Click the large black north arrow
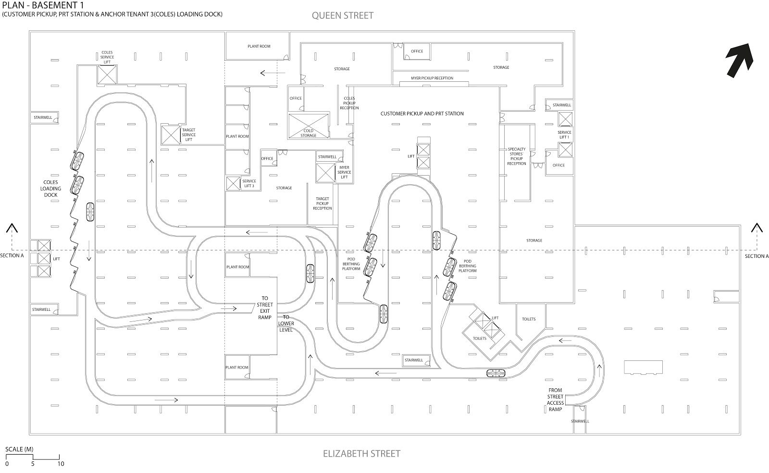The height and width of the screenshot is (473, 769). (739, 60)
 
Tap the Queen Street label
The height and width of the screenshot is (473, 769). (342, 15)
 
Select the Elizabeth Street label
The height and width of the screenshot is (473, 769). (361, 453)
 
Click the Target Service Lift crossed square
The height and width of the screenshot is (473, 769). (170, 135)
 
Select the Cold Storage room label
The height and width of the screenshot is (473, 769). (308, 133)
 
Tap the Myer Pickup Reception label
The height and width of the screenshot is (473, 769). (432, 78)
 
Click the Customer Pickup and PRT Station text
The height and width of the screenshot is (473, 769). (422, 114)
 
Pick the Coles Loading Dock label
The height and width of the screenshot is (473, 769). (50, 189)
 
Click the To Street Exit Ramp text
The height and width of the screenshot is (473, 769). (264, 307)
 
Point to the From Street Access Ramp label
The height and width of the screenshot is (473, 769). (555, 400)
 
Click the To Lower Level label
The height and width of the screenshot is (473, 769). (286, 323)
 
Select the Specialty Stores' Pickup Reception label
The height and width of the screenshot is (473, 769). (517, 156)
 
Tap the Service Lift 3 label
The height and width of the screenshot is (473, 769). (249, 183)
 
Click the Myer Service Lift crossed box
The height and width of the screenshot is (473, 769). (325, 173)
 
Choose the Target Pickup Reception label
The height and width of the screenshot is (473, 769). (322, 203)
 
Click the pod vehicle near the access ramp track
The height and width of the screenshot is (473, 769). (496, 373)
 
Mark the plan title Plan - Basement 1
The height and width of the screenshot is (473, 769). (45, 5)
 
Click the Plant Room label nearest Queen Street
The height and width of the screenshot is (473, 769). (259, 46)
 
